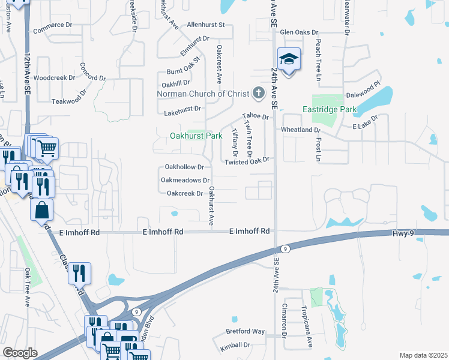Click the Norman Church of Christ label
(202, 94)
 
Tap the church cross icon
(259, 93)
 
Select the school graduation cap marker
(289, 59)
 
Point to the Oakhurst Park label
(196, 136)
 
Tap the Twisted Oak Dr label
(246, 162)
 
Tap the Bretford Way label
(245, 331)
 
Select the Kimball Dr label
(234, 345)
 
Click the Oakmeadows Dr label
(185, 180)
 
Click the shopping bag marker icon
(41, 211)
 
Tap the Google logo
(20, 353)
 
